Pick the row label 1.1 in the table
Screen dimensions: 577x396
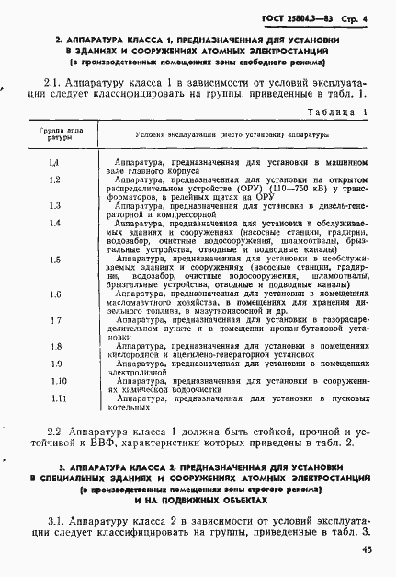pyautogui.click(x=54, y=163)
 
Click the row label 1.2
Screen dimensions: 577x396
pyautogui.click(x=54, y=179)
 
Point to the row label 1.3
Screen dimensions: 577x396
pyautogui.click(x=54, y=206)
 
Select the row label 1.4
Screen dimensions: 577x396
pyautogui.click(x=54, y=224)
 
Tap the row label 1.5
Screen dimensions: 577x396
pyautogui.click(x=54, y=260)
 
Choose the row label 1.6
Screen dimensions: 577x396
pyautogui.click(x=54, y=294)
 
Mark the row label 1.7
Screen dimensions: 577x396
pyautogui.click(x=54, y=320)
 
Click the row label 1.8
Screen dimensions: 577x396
pyautogui.click(x=54, y=347)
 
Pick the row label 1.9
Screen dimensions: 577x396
pyautogui.click(x=54, y=364)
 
